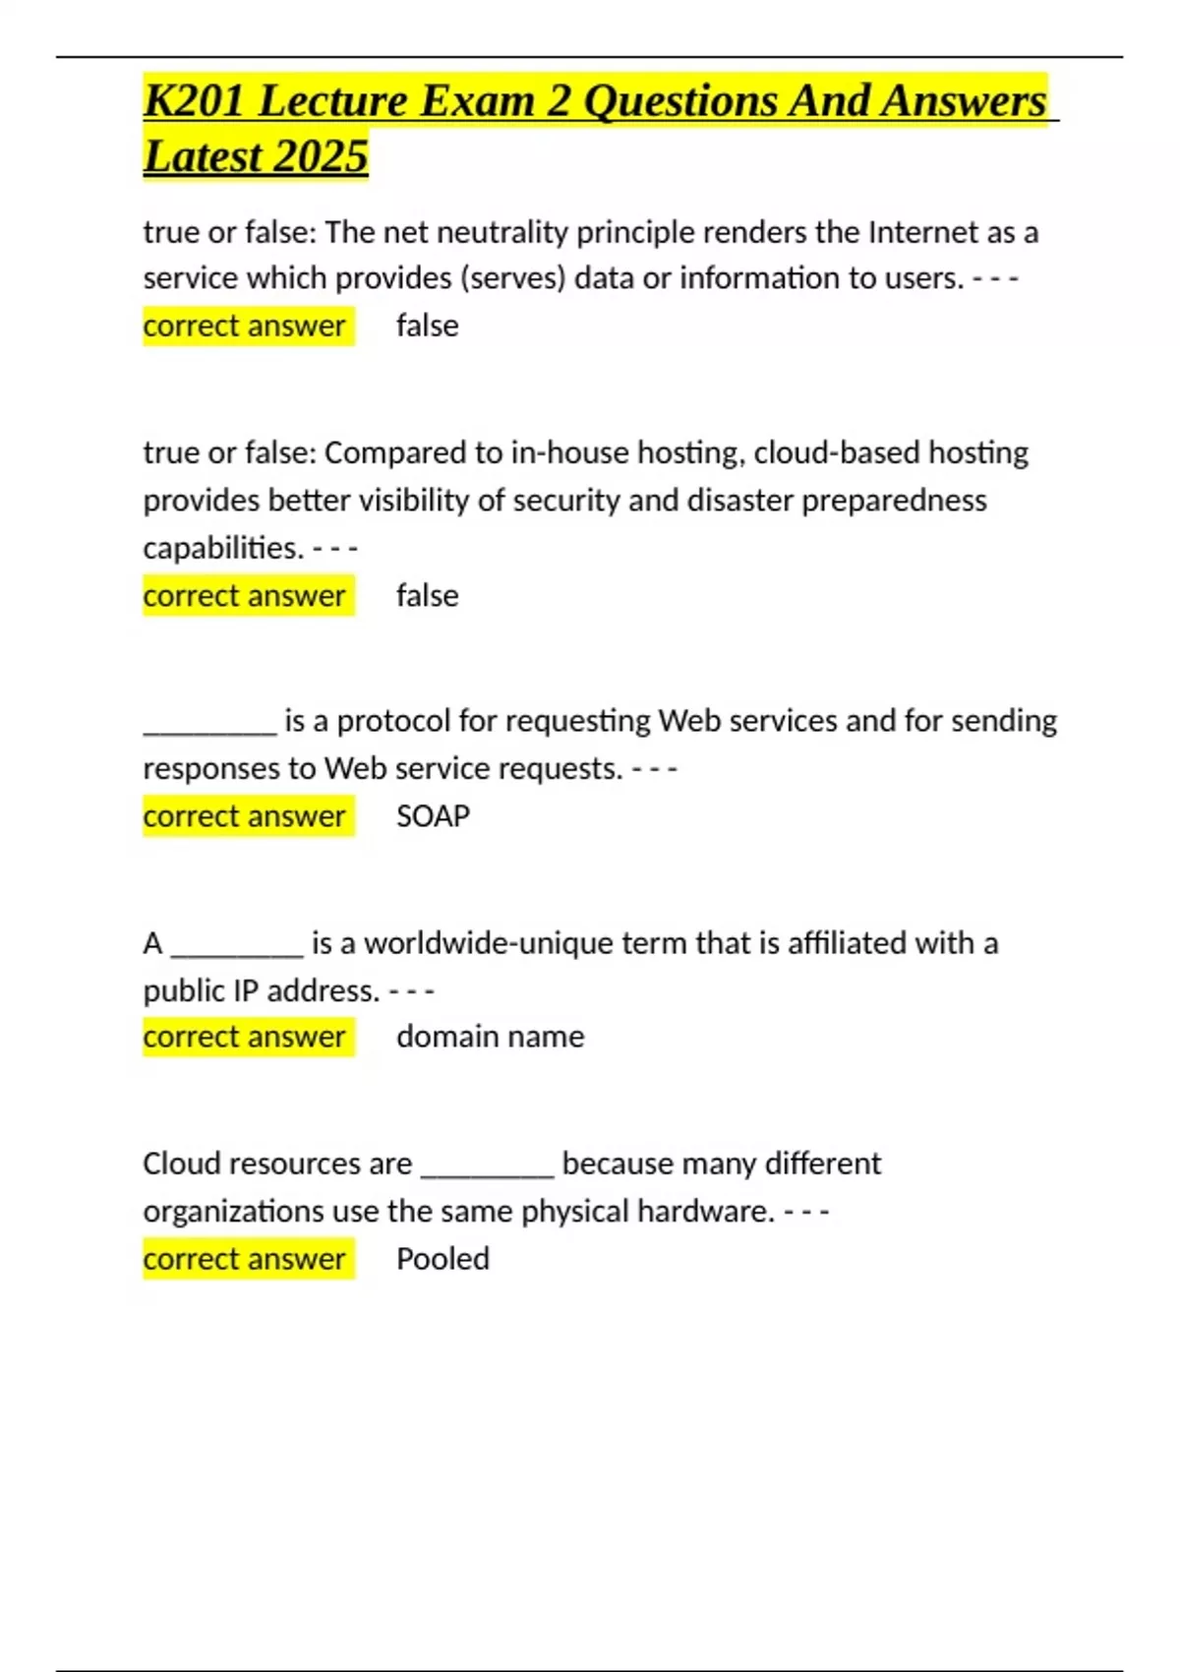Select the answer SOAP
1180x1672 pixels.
pyautogui.click(x=433, y=816)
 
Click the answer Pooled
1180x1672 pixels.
pyautogui.click(x=442, y=1259)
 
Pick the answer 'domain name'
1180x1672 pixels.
pyautogui.click(x=490, y=1037)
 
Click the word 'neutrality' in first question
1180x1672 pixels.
pyautogui.click(x=502, y=233)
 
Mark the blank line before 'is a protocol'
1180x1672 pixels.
pyautogui.click(x=210, y=728)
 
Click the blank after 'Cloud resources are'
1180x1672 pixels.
pyautogui.click(x=488, y=1170)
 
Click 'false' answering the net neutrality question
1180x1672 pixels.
pyautogui.click(x=427, y=327)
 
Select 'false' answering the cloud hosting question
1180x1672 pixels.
pyautogui.click(x=427, y=596)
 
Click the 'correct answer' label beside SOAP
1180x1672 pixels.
pyautogui.click(x=244, y=816)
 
